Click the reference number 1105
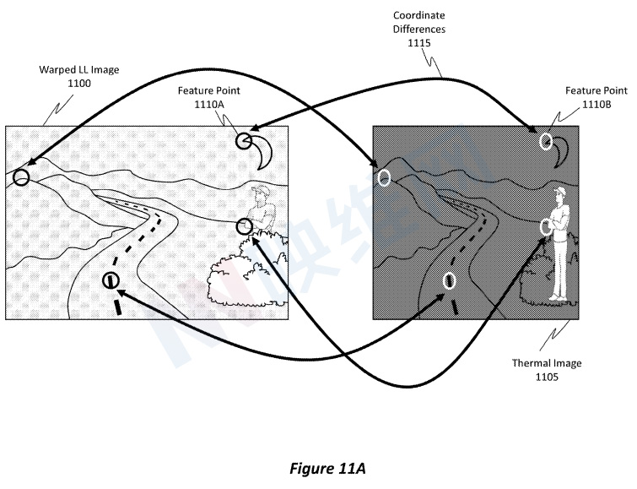547,377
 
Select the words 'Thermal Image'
547,364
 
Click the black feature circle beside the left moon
245,141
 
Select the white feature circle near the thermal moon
546,140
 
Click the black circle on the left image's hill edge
21,177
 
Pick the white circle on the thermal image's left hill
384,177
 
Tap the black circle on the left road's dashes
111,280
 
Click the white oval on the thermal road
450,280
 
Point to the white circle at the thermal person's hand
546,225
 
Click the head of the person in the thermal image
558,197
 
